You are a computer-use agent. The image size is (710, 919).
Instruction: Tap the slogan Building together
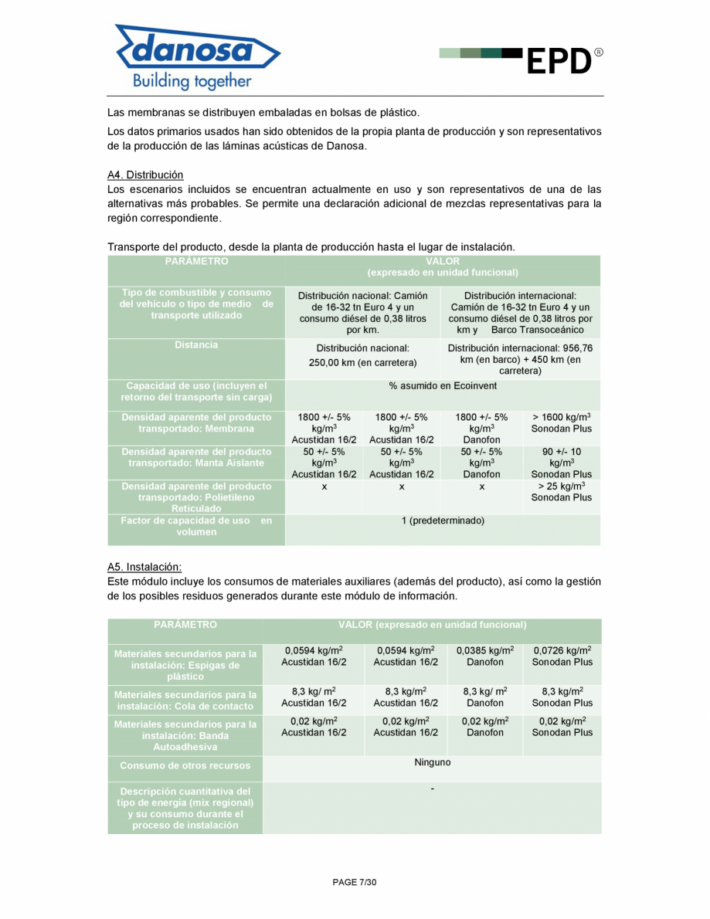(x=192, y=81)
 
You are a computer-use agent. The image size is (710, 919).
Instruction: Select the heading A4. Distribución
(x=145, y=175)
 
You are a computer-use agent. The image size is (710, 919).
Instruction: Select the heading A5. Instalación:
(x=144, y=567)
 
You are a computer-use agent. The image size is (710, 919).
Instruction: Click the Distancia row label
(x=196, y=345)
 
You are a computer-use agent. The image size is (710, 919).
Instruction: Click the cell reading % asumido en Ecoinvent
(x=443, y=385)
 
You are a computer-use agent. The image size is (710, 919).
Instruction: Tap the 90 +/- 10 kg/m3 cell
(x=561, y=463)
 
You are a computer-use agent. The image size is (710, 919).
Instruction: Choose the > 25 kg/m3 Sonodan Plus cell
(x=561, y=492)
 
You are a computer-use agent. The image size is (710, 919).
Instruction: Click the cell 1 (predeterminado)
(x=443, y=521)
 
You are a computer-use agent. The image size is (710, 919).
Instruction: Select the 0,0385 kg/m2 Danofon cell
(x=485, y=656)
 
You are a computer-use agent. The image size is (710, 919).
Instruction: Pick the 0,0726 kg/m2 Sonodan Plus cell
(x=562, y=656)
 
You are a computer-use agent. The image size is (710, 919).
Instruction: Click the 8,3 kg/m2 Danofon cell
(x=485, y=697)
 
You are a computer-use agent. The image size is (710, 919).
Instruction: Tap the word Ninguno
(x=432, y=762)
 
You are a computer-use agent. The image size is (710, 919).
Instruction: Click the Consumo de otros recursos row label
(x=185, y=766)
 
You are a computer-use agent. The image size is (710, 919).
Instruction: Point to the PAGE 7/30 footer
(x=355, y=882)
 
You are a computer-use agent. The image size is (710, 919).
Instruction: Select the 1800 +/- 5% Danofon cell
(x=481, y=428)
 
